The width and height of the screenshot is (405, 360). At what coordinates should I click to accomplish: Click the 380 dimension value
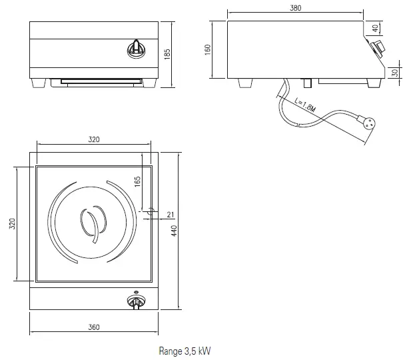[296, 8]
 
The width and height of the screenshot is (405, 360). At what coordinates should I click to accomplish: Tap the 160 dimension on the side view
[207, 49]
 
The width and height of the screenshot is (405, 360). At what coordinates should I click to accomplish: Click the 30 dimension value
[394, 72]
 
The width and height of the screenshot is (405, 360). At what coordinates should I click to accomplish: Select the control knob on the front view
[136, 48]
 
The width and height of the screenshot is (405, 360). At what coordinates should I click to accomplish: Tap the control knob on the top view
[135, 302]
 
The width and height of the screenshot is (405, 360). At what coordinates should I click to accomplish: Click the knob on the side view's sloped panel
[378, 47]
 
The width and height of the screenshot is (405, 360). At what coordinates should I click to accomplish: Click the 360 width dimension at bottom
[94, 327]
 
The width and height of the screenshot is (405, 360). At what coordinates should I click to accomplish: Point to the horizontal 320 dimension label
[94, 140]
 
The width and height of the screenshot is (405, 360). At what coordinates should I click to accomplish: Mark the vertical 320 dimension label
[12, 224]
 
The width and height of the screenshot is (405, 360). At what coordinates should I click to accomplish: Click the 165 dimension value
[137, 181]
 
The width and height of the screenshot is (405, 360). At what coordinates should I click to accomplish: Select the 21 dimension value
[170, 214]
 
